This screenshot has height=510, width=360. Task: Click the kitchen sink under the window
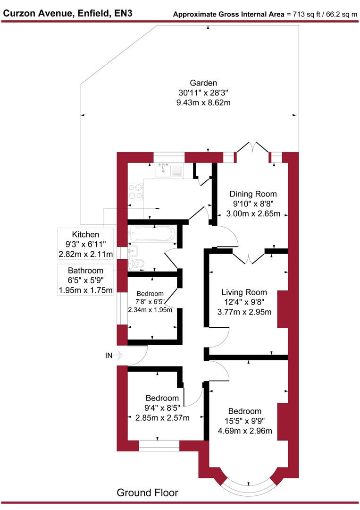click(x=165, y=170)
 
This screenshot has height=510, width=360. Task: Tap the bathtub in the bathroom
click(x=151, y=233)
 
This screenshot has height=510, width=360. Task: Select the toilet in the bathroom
click(x=135, y=263)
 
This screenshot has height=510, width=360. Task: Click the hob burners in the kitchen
click(x=136, y=191)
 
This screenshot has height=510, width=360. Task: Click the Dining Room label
click(x=253, y=194)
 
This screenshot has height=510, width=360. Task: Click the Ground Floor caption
click(x=147, y=493)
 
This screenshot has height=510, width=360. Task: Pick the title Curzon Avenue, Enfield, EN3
click(x=67, y=13)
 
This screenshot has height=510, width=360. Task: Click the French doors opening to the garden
click(x=252, y=150)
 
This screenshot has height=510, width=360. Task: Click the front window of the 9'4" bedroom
click(x=159, y=446)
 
